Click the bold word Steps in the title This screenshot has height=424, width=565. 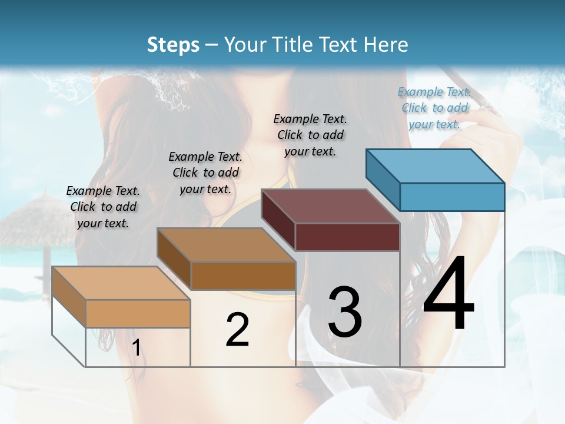(173, 45)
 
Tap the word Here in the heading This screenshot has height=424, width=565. (385, 45)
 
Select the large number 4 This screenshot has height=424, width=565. (448, 294)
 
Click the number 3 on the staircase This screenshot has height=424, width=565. (345, 312)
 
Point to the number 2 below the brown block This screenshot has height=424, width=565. (237, 330)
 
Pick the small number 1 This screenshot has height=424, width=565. (136, 348)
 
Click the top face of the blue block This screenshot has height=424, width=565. (436, 166)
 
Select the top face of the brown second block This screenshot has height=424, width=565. (226, 245)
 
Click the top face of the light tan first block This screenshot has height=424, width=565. (121, 283)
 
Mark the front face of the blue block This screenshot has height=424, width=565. (452, 197)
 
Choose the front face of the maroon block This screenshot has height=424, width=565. (347, 237)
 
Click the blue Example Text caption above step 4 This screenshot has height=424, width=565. (434, 108)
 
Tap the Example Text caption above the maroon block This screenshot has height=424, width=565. (310, 135)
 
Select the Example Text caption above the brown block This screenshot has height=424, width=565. (205, 173)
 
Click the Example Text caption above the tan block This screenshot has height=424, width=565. (103, 207)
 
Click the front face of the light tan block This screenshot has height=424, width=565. (138, 313)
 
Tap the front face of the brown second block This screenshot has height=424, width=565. (243, 276)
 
